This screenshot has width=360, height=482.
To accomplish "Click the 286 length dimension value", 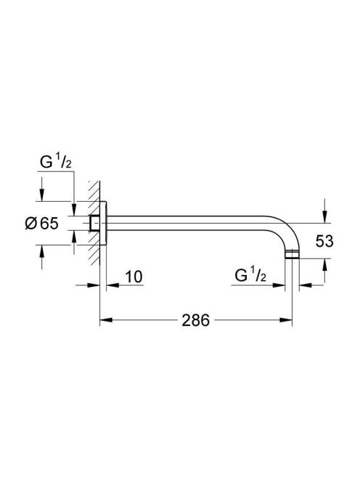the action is (x=195, y=320).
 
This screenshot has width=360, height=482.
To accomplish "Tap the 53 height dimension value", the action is (x=324, y=241).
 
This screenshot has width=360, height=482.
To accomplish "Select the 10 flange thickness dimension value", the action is (x=134, y=277).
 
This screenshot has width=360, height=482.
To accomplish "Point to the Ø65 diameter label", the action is (x=41, y=223).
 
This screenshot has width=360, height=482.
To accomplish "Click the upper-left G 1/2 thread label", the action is (x=56, y=163).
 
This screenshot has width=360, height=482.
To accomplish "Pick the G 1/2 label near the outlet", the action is (x=250, y=275).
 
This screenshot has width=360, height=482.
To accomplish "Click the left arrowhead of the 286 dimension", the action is (x=105, y=320).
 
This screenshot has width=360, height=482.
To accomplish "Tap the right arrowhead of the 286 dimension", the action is (x=286, y=320).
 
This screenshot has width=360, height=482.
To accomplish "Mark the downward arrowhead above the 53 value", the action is (x=325, y=216).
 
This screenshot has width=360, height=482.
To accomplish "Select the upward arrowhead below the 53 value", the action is (x=325, y=265).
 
